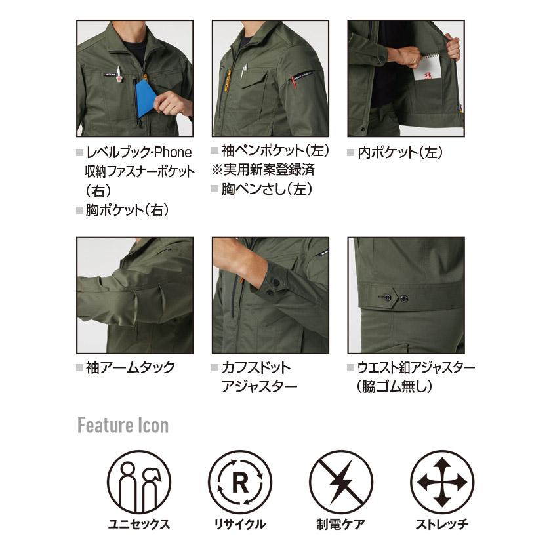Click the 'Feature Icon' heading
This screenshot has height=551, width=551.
123,426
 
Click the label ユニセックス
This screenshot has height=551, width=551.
138,524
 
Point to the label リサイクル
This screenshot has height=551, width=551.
240,524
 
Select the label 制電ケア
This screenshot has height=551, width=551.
341,524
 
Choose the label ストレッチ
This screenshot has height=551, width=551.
441,524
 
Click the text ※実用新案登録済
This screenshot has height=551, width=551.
263,171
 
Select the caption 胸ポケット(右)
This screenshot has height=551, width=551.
127,211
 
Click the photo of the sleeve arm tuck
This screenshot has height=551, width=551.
134,295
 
